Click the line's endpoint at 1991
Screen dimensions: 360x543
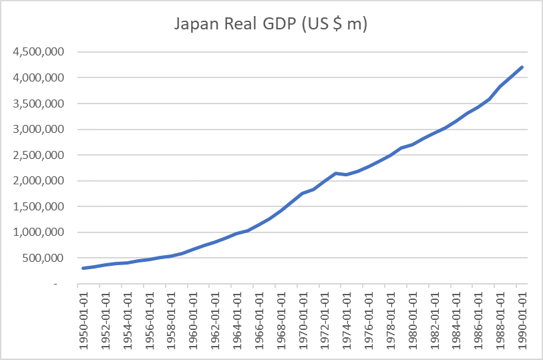(x=523, y=67)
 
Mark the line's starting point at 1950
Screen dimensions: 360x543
(x=83, y=268)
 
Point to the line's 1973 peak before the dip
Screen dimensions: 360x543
(x=335, y=173)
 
